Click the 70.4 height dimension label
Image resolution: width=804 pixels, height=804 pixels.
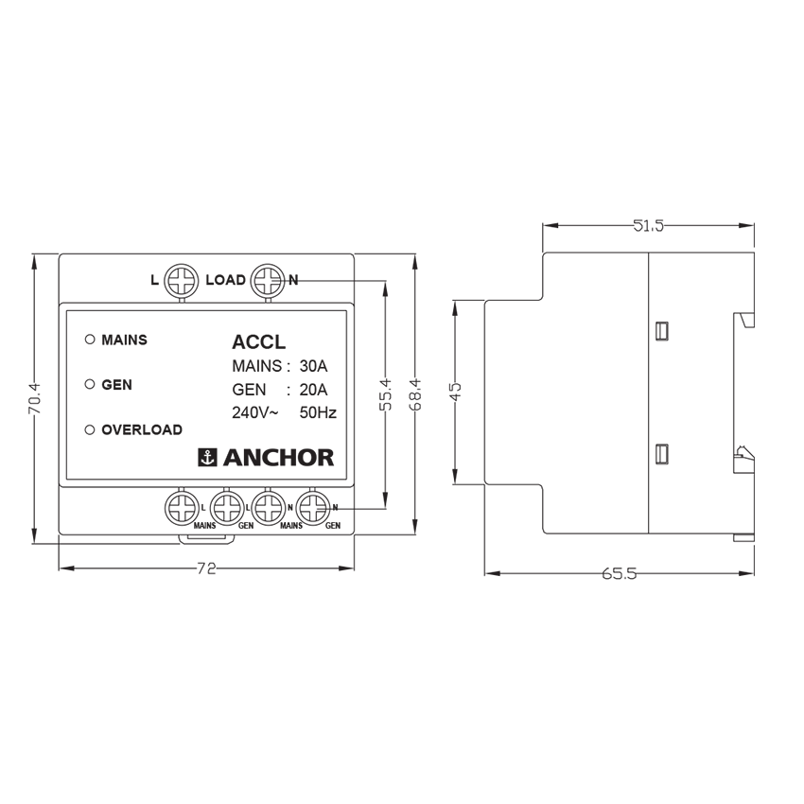click(x=34, y=398)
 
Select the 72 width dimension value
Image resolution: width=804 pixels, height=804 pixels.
click(x=206, y=568)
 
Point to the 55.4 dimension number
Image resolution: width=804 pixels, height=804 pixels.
click(x=385, y=394)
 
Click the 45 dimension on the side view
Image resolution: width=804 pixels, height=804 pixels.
click(x=455, y=393)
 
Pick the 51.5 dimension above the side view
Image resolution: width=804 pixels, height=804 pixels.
click(x=648, y=225)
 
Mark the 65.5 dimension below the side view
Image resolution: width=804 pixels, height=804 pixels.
click(x=619, y=574)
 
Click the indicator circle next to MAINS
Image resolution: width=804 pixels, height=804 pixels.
click(x=90, y=340)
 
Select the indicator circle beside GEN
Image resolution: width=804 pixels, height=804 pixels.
click(x=90, y=385)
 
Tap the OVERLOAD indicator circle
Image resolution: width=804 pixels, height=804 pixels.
click(x=90, y=429)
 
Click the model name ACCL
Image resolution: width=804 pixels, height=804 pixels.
click(x=258, y=342)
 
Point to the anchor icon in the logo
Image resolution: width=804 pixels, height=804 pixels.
click(x=207, y=458)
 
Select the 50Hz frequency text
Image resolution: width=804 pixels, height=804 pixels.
click(x=318, y=412)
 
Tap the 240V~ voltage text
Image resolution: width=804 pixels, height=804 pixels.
click(x=255, y=412)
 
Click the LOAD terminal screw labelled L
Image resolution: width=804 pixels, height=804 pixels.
click(x=180, y=280)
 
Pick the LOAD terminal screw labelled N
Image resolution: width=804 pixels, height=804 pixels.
click(x=269, y=280)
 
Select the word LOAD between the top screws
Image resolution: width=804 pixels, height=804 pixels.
click(x=225, y=280)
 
